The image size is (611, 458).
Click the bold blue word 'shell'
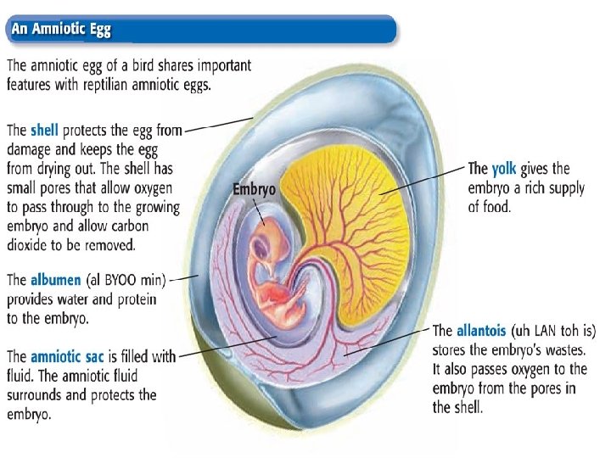point(44,131)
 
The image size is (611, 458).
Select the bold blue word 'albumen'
point(56,280)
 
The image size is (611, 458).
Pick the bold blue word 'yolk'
point(504,169)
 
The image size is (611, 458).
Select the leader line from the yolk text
point(424,180)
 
